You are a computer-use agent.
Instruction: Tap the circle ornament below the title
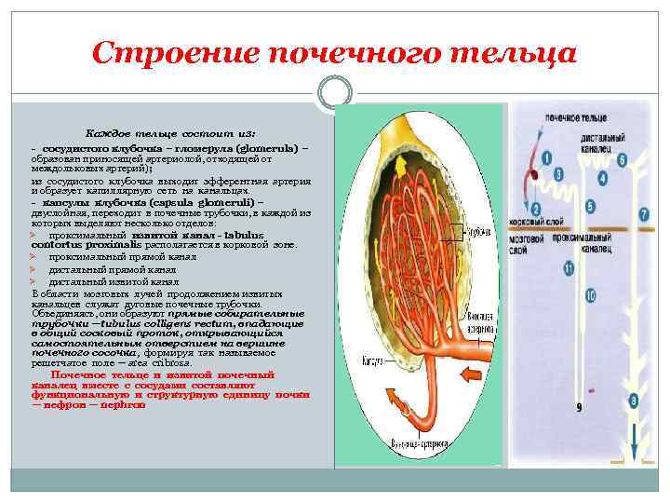click(x=334, y=90)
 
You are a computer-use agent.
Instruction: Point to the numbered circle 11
click(x=569, y=268)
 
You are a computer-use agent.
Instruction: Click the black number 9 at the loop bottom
click(x=579, y=408)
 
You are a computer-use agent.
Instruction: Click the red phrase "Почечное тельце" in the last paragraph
click(x=87, y=374)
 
